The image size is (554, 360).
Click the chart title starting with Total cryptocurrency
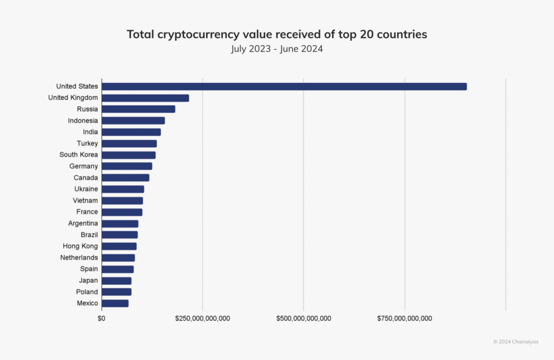(x=276, y=35)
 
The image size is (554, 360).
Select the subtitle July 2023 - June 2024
(x=276, y=49)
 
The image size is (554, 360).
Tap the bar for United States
(x=284, y=86)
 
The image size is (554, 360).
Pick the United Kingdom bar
(x=145, y=98)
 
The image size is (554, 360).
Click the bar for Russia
(x=138, y=109)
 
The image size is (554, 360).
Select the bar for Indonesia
(x=133, y=121)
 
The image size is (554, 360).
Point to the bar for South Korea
(x=129, y=155)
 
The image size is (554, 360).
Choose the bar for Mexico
(x=115, y=303)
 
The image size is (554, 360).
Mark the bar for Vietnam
(x=122, y=201)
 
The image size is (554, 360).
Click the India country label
(x=90, y=132)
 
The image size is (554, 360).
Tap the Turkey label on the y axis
(x=87, y=143)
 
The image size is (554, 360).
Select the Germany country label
(x=83, y=166)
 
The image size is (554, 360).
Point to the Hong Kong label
(x=80, y=246)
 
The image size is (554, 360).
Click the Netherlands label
(x=79, y=258)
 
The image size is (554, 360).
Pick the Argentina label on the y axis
(x=83, y=223)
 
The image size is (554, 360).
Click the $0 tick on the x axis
(x=102, y=318)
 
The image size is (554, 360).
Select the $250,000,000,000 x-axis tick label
(x=202, y=318)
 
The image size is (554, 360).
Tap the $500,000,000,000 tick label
(x=304, y=318)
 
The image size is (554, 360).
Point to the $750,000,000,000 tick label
(x=405, y=318)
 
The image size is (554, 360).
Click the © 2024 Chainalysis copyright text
(x=516, y=342)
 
